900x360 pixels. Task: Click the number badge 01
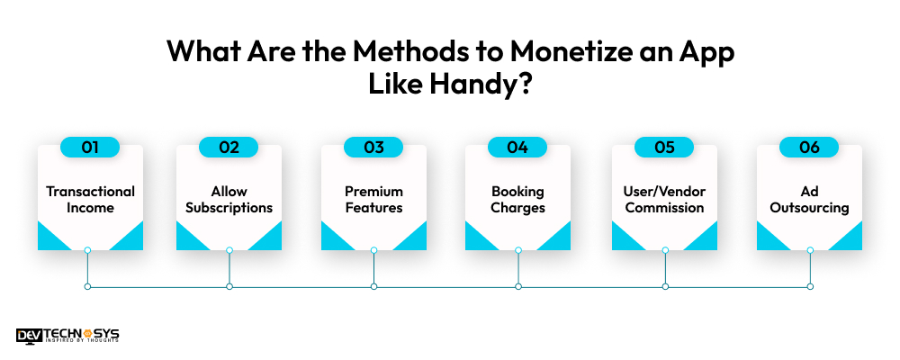pos(90,148)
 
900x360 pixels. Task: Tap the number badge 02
pos(229,148)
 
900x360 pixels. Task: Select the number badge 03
pos(373,148)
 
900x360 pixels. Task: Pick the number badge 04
pos(517,148)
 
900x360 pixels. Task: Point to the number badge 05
pos(664,148)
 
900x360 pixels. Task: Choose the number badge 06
pos(809,148)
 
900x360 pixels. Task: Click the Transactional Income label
pos(90,199)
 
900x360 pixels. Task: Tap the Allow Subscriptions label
pos(229,199)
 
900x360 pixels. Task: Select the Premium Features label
pos(373,199)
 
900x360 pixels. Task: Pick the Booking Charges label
pos(517,199)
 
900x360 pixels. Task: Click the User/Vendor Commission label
pos(665,199)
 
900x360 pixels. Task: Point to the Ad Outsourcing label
pos(809,199)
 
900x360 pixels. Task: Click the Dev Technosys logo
pos(67,336)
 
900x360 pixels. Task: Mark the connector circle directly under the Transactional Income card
pos(87,250)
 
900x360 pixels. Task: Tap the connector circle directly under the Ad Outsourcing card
pos(810,250)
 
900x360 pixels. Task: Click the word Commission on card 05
pos(665,207)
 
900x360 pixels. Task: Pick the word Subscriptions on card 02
pos(229,208)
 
